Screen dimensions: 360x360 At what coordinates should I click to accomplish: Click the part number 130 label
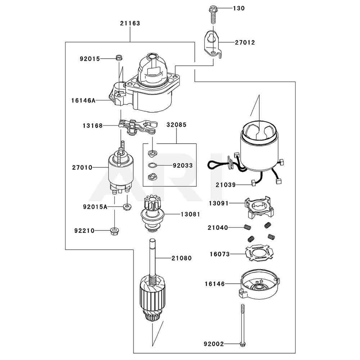coord(238,8)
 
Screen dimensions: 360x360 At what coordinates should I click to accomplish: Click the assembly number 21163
coord(130,23)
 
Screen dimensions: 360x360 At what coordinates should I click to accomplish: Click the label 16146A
coord(83,101)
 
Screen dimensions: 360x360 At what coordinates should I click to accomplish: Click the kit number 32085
coord(176,125)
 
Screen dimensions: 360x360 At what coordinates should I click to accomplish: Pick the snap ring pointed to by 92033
coord(152,166)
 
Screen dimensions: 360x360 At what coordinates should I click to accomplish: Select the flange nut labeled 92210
coord(114,230)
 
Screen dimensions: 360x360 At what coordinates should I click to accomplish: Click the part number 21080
coord(181,258)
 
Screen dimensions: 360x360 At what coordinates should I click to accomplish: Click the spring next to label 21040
coord(247,227)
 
